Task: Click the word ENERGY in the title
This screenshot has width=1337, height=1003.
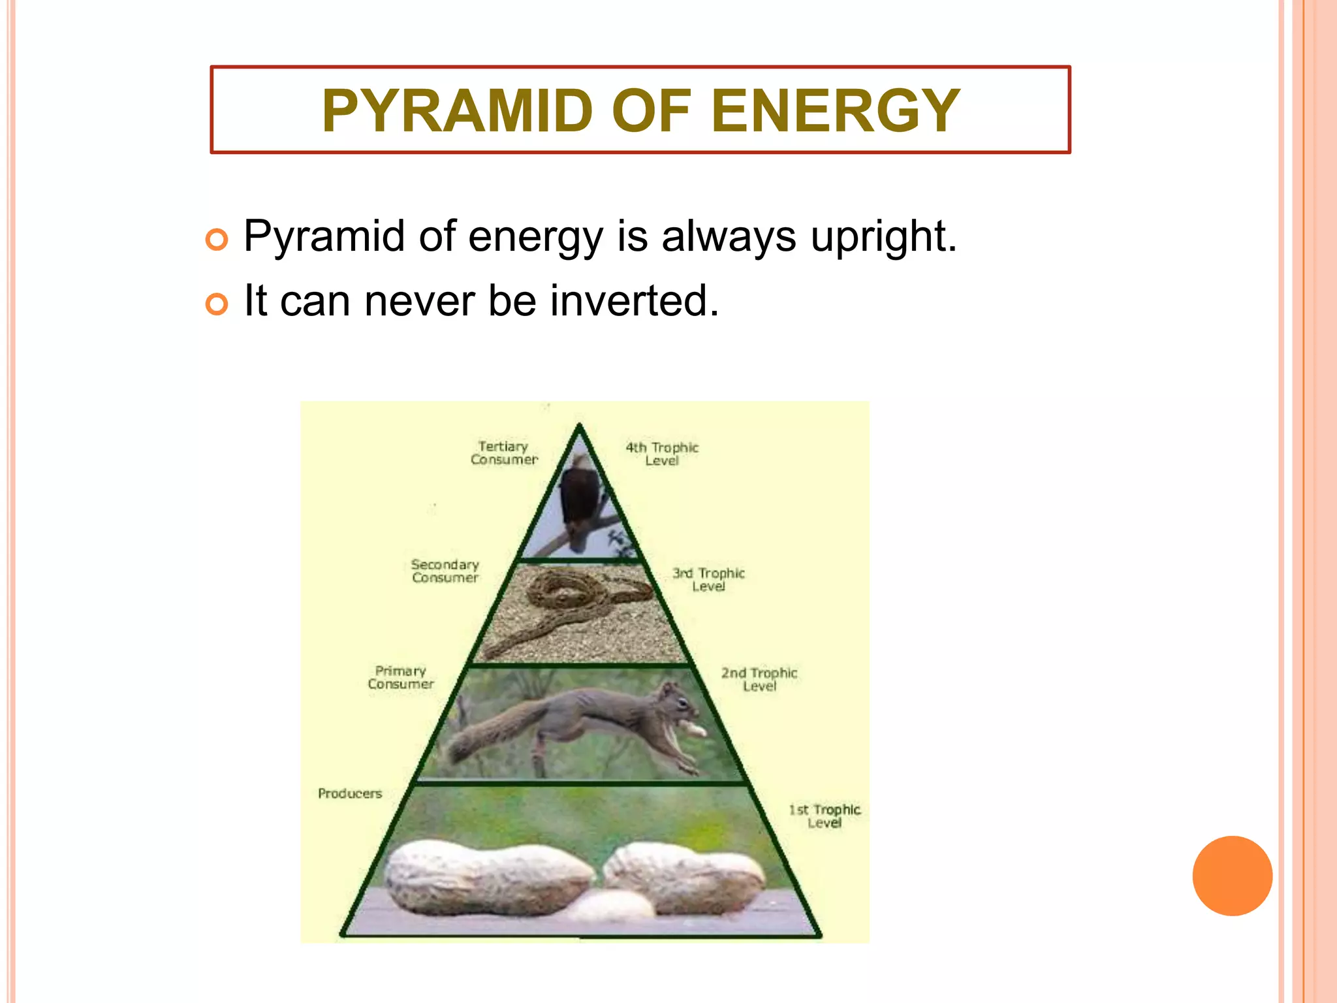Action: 835,111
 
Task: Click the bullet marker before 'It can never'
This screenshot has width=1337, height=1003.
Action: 217,304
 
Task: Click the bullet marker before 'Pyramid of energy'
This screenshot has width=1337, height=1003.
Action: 217,240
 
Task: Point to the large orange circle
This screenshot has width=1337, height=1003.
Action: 1232,876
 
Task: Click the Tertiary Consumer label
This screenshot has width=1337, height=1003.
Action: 503,453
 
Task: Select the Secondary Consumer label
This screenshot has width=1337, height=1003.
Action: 445,571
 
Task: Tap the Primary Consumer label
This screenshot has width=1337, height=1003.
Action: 400,678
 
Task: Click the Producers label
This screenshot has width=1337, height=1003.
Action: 350,793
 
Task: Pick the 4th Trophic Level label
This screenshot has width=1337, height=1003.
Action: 662,454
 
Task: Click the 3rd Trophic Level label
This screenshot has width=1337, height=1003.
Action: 708,580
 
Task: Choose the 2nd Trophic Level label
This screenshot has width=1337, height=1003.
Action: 759,679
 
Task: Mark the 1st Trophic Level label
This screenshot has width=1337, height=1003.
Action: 825,816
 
